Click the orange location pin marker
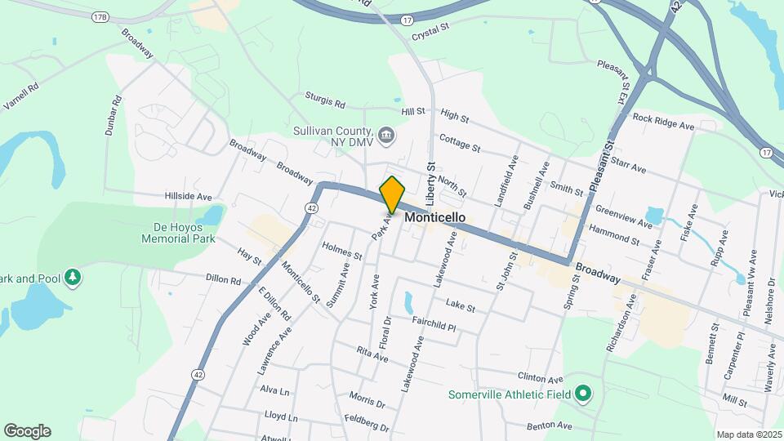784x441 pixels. click(393, 194)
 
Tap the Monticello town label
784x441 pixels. click(435, 218)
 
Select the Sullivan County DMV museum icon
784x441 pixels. click(386, 133)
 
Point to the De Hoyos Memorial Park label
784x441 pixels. click(178, 234)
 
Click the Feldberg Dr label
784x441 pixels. click(367, 425)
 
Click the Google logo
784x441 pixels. click(27, 431)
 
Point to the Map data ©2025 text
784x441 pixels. click(750, 434)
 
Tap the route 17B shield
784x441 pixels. click(100, 16)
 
